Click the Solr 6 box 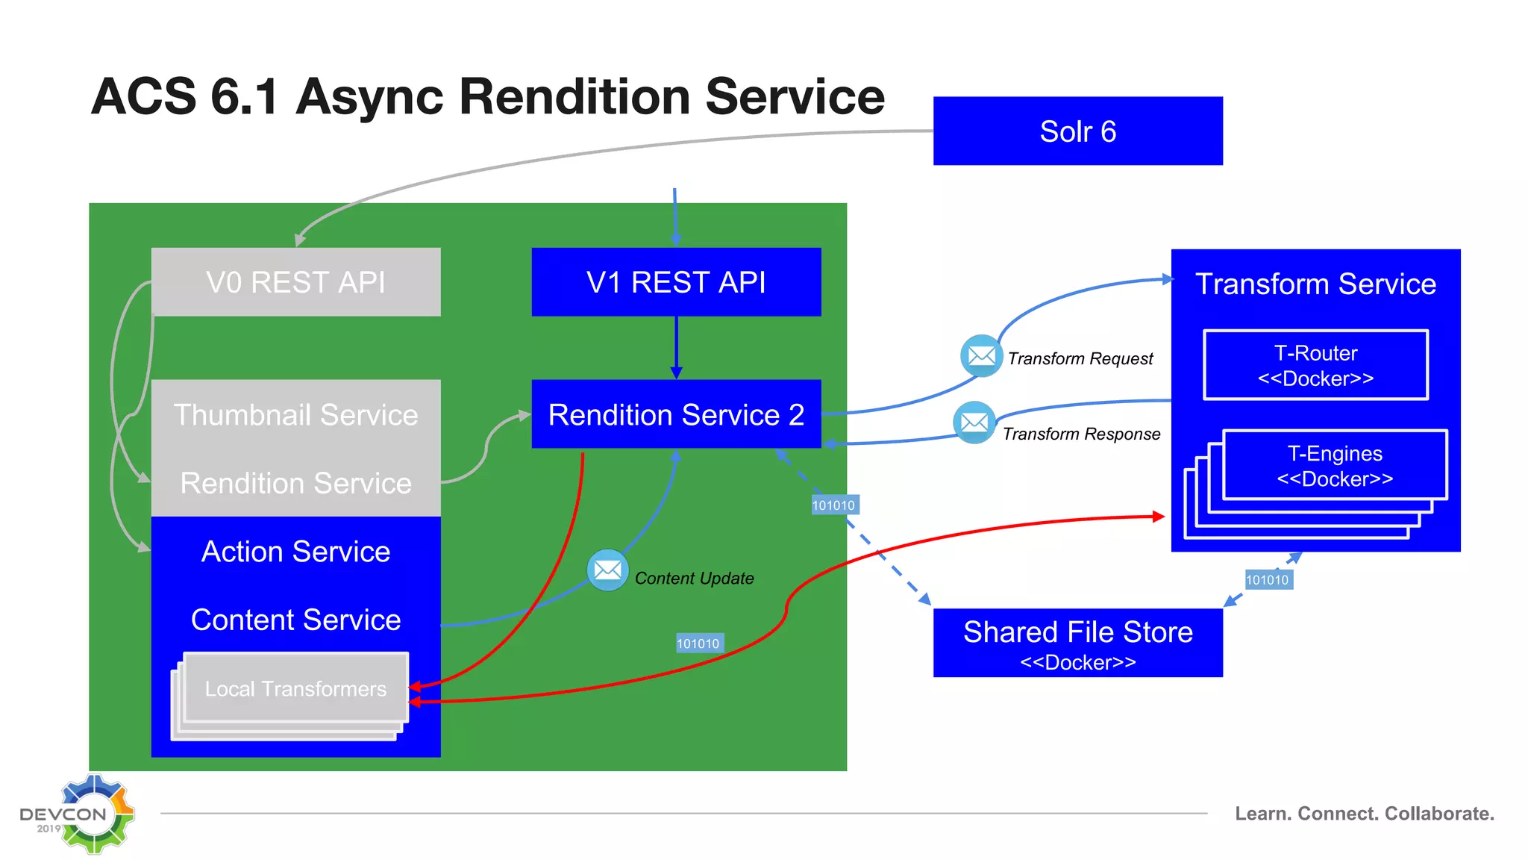pos(1077,131)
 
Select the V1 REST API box pos(676,282)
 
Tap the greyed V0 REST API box pos(295,282)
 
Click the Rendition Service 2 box pos(676,414)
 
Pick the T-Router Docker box pos(1315,365)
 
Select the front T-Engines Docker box pos(1335,465)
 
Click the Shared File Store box pos(1077,643)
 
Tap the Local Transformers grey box pos(295,688)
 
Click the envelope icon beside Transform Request pos(981,356)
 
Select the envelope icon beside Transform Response pos(974,423)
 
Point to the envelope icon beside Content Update pos(607,570)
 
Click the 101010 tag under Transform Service pos(1267,580)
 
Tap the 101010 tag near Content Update pos(698,644)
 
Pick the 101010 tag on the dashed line pos(833,505)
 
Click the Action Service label pos(295,552)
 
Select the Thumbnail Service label pos(295,415)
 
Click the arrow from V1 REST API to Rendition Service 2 pos(676,347)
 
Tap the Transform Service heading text pos(1315,284)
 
